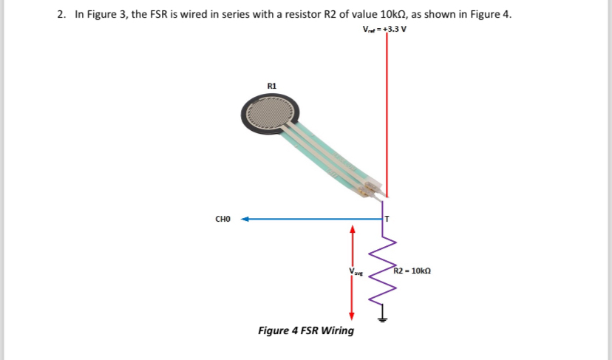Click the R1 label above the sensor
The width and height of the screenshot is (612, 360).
click(271, 86)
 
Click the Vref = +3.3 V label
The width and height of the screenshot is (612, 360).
click(384, 30)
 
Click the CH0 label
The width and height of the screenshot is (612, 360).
click(223, 219)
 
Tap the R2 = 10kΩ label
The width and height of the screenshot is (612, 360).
click(412, 271)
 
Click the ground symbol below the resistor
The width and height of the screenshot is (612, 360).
click(383, 319)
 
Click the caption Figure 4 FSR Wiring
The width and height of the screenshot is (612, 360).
click(305, 330)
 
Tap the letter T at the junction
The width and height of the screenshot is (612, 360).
click(386, 220)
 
